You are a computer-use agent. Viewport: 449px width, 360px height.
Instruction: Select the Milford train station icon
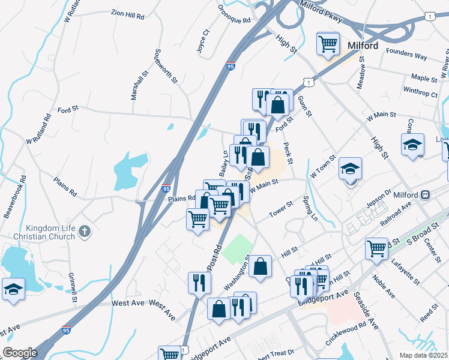(425, 195)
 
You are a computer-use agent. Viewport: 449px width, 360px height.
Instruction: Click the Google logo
(20, 353)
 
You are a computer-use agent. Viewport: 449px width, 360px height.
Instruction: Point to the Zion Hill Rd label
(128, 14)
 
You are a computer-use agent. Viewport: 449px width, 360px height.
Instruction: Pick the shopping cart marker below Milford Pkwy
(328, 43)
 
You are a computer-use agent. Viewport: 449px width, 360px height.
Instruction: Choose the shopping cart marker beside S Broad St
(376, 248)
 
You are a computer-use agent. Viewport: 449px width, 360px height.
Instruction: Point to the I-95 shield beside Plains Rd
(166, 188)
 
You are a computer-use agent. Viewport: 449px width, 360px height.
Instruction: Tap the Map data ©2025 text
(423, 355)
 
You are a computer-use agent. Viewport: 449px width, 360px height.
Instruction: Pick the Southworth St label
(166, 66)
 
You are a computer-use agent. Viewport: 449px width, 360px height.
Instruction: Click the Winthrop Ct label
(420, 92)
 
